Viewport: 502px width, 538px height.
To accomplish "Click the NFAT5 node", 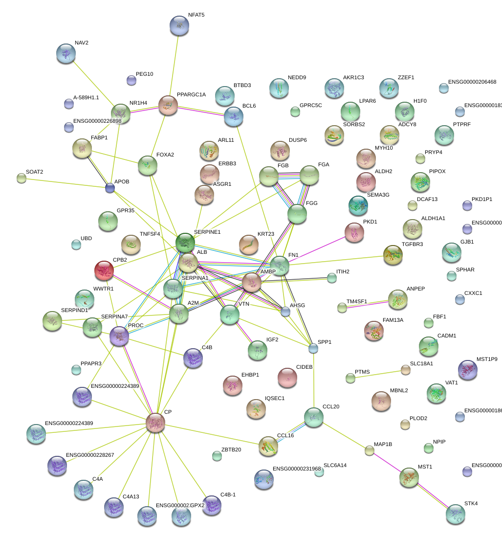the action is (179, 25).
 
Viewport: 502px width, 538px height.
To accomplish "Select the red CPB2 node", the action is (104, 270).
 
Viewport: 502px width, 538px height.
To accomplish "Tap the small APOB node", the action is (110, 188).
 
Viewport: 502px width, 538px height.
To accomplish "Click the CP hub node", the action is (155, 422).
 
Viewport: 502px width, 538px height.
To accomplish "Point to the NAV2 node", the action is (66, 53).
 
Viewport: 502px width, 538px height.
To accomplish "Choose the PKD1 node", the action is (354, 232).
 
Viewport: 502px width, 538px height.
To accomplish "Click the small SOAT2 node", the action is (22, 178).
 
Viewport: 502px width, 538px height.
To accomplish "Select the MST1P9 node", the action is (467, 369).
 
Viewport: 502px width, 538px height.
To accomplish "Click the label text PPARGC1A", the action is (191, 94).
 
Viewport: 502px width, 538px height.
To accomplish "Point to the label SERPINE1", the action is (207, 232).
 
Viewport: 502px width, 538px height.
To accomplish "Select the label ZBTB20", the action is (231, 449).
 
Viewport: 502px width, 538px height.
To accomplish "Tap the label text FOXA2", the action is (165, 155).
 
